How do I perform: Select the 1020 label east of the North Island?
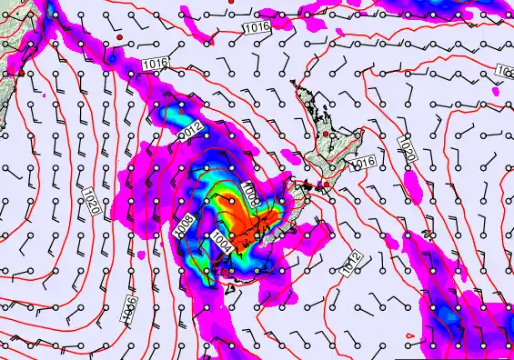[406, 150]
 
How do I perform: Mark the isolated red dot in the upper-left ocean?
[119, 36]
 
